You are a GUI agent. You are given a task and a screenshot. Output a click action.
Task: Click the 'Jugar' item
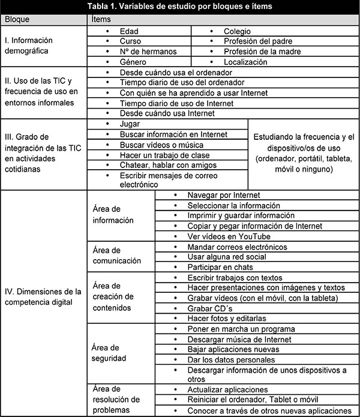click(130, 123)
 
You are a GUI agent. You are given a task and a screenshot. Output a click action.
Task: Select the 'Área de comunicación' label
click(117, 256)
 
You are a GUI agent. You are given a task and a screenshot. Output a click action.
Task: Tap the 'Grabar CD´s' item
click(206, 308)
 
